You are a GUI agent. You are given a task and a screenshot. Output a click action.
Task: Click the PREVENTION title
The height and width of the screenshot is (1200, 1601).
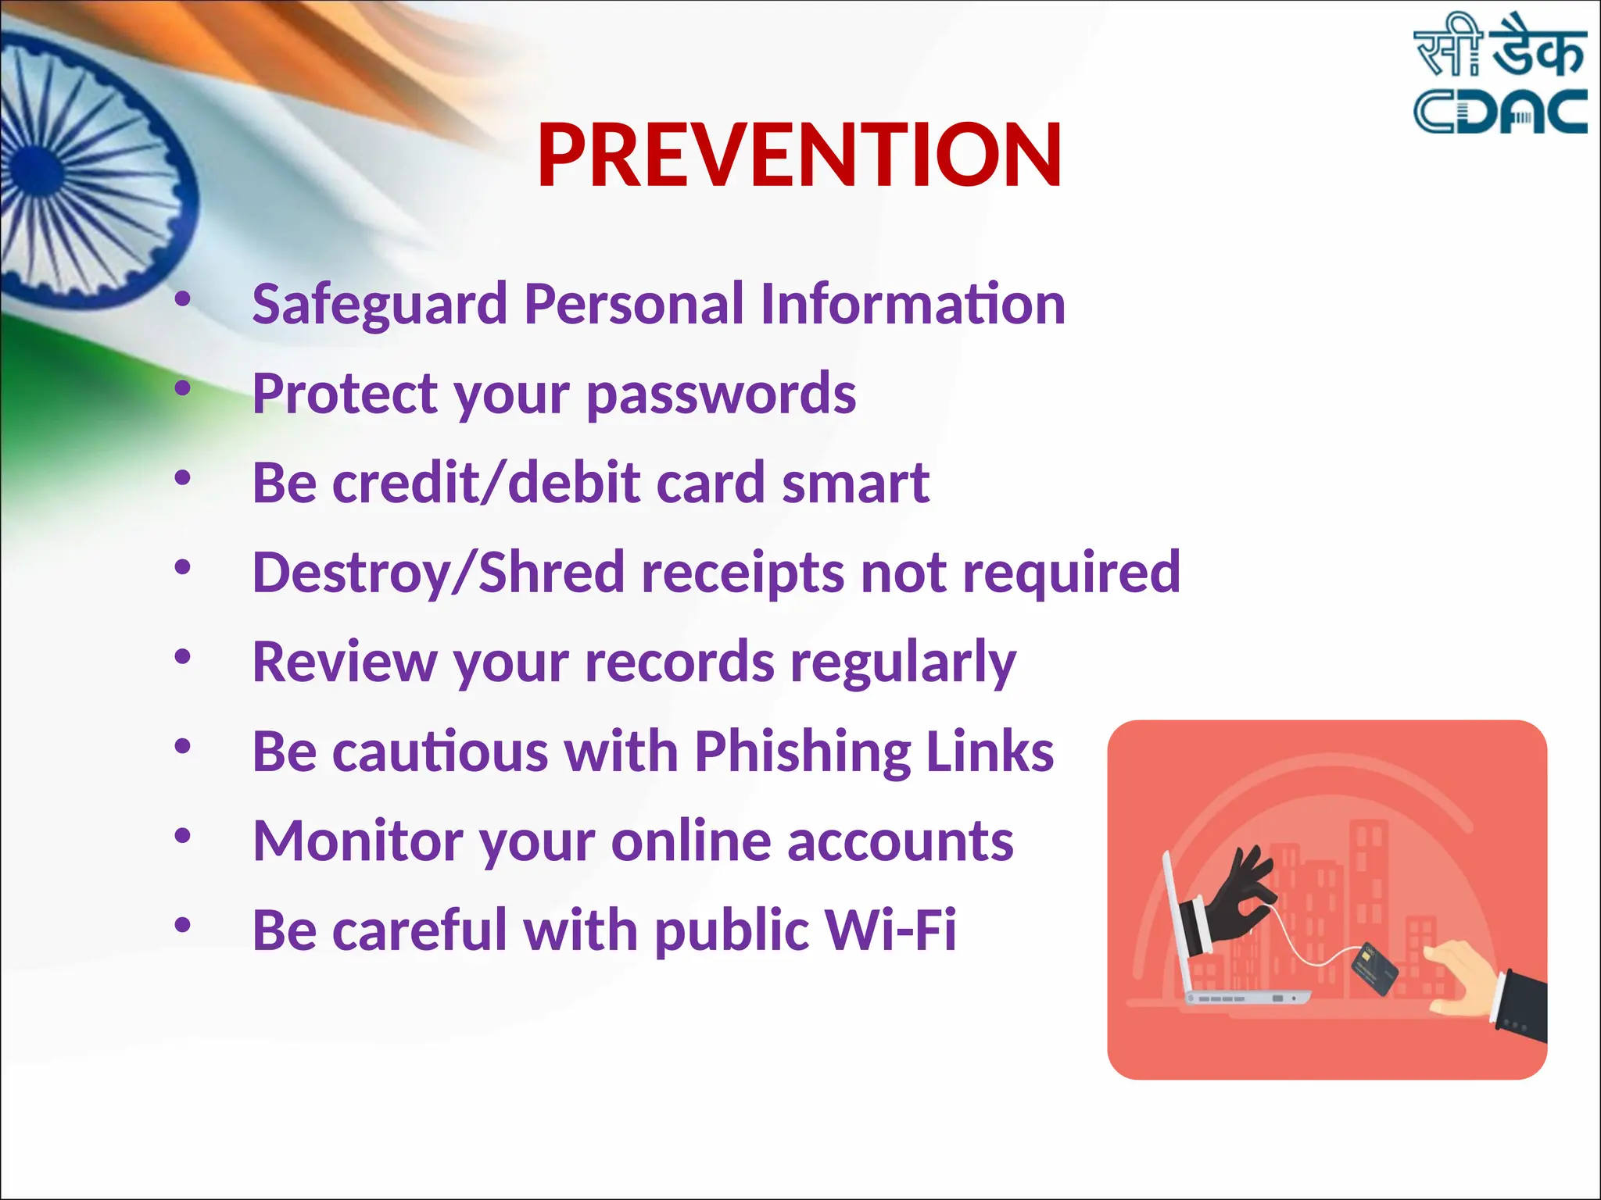(x=799, y=156)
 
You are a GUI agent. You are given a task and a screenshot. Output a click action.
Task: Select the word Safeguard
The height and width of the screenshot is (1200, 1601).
(x=380, y=305)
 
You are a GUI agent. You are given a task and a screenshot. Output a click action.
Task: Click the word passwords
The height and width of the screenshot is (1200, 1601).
(x=721, y=395)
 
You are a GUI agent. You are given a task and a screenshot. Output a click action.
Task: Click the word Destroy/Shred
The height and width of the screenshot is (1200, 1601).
(x=439, y=573)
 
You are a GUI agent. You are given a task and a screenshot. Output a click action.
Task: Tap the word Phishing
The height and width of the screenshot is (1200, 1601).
(x=802, y=752)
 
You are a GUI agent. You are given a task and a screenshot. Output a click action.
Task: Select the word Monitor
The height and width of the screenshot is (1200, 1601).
(x=358, y=841)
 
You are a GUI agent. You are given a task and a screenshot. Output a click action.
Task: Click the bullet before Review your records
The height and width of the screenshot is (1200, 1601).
(x=182, y=657)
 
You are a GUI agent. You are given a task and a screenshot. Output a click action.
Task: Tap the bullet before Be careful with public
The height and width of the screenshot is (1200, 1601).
(x=182, y=926)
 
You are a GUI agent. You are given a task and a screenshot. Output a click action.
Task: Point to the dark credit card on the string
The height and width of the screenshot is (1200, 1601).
(x=1374, y=969)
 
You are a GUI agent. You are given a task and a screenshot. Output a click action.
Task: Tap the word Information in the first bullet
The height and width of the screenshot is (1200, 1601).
(x=912, y=305)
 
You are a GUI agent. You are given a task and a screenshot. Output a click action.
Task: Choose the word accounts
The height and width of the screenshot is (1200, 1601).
(x=900, y=841)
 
